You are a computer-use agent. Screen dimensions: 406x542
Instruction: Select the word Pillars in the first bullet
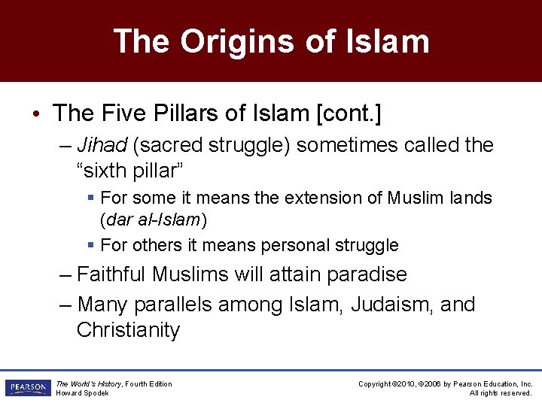[191, 114]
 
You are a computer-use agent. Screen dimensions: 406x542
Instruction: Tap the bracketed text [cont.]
[349, 114]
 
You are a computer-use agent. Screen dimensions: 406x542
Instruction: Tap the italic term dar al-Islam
[154, 220]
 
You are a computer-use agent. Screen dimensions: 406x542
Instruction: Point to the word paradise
[367, 274]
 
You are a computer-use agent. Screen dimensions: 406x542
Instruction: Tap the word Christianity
[128, 330]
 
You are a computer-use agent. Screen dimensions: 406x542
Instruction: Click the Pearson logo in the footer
[27, 388]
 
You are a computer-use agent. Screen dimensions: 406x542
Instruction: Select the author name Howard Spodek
[83, 393]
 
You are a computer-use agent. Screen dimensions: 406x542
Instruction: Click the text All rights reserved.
[501, 393]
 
